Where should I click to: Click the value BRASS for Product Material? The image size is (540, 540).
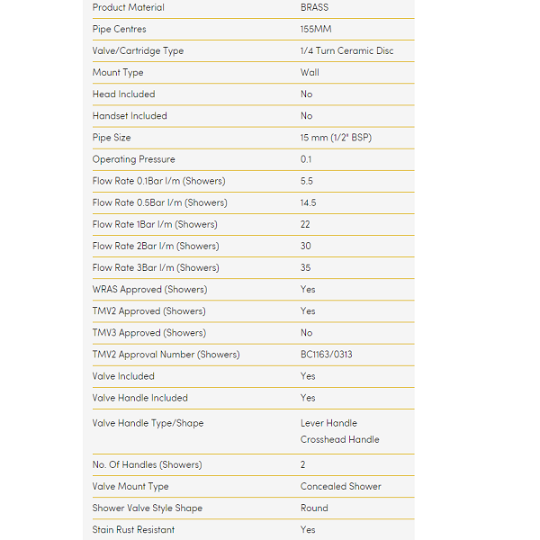[x=314, y=7]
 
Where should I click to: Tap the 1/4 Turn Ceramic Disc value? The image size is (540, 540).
[x=346, y=50]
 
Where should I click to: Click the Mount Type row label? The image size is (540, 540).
[x=118, y=72]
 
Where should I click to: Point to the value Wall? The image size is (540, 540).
[x=310, y=72]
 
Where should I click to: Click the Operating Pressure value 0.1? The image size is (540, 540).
[x=306, y=159]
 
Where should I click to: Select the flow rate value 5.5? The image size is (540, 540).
[x=307, y=181]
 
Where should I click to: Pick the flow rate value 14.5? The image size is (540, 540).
[x=309, y=202]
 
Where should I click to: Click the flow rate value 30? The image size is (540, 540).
[x=306, y=246]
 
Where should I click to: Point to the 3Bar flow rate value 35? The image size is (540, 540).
[x=306, y=267]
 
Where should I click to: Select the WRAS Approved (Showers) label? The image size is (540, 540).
[x=149, y=289]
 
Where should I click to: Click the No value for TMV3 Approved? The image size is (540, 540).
[x=307, y=332]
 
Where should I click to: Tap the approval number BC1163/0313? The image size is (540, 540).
[x=327, y=355]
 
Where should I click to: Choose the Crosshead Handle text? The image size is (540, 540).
[x=340, y=439]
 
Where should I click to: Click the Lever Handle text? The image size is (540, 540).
[x=328, y=423]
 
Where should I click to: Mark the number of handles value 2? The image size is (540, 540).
[x=303, y=464]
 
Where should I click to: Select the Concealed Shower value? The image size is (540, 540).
[x=341, y=486]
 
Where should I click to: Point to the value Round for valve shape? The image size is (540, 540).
[x=314, y=508]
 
